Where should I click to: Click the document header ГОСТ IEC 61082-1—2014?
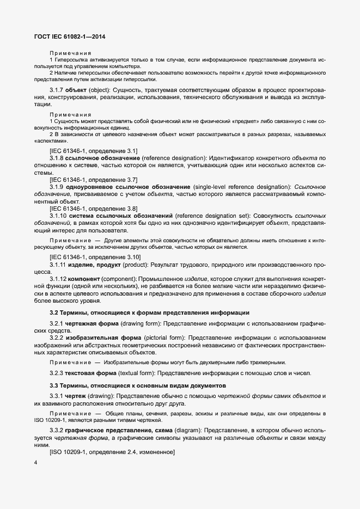(70, 36)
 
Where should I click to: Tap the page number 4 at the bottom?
(35, 463)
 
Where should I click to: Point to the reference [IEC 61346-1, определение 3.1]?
(93, 150)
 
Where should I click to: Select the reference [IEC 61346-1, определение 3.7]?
(93, 179)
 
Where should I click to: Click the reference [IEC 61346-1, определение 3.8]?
(93, 208)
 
